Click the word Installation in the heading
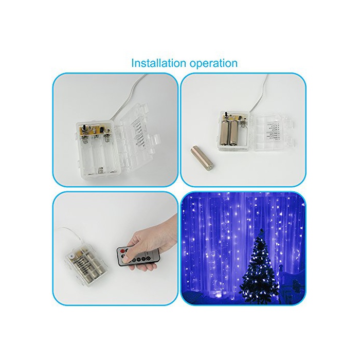tap(158, 63)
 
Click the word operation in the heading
tap(213, 64)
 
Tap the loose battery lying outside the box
tap(202, 159)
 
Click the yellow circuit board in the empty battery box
tap(95, 130)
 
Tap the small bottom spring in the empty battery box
tap(100, 170)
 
